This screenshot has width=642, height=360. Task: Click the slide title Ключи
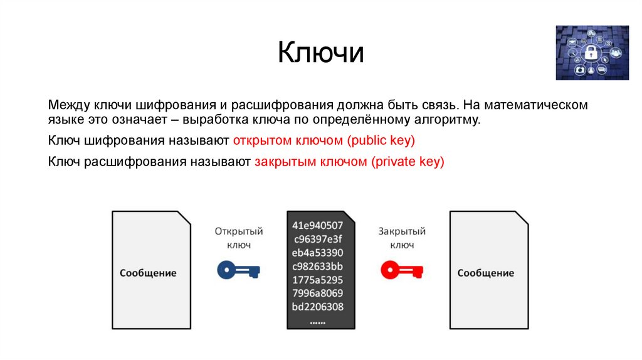[x=321, y=53]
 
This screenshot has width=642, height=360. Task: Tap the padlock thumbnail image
[x=592, y=53]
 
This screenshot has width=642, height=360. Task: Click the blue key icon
[x=238, y=270]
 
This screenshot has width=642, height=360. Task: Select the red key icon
[x=402, y=270]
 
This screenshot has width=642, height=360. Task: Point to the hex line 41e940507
[x=318, y=225]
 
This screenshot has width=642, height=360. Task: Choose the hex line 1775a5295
[x=318, y=280]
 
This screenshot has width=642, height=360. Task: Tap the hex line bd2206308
[x=318, y=307]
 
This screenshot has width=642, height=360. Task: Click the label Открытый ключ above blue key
[x=238, y=238]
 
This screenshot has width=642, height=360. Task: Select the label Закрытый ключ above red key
[x=402, y=238]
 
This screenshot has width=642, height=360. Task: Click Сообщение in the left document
[x=148, y=273]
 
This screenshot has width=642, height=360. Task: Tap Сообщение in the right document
[x=485, y=273]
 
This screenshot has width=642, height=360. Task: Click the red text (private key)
[x=408, y=161]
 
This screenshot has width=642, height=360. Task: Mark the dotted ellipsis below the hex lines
[x=318, y=321]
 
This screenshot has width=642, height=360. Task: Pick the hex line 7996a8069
[x=318, y=294]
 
